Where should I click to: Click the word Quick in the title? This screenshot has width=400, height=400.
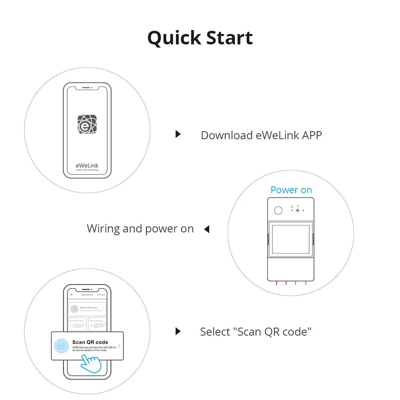(x=174, y=38)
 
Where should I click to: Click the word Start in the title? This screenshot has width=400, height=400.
(x=229, y=38)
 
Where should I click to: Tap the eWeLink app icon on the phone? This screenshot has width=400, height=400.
(x=87, y=124)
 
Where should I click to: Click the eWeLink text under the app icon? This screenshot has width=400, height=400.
(x=87, y=165)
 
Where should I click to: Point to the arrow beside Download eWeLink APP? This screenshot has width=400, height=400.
(x=178, y=134)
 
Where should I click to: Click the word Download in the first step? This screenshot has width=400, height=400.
(x=226, y=135)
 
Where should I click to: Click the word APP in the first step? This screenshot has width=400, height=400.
(x=312, y=135)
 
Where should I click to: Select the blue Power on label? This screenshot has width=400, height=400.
(x=291, y=190)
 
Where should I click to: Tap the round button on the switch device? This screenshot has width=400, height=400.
(x=278, y=210)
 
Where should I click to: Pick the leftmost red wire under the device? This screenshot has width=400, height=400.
(x=276, y=283)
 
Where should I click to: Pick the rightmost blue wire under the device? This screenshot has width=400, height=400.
(x=306, y=283)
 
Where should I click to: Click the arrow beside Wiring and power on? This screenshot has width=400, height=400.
(x=207, y=229)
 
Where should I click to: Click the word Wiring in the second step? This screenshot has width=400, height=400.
(x=103, y=229)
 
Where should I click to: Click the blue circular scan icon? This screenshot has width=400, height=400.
(x=61, y=346)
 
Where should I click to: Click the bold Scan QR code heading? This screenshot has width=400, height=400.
(x=90, y=342)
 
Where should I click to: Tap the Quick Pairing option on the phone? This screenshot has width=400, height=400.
(x=87, y=309)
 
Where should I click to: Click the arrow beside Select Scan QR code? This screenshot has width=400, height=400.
(x=178, y=331)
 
